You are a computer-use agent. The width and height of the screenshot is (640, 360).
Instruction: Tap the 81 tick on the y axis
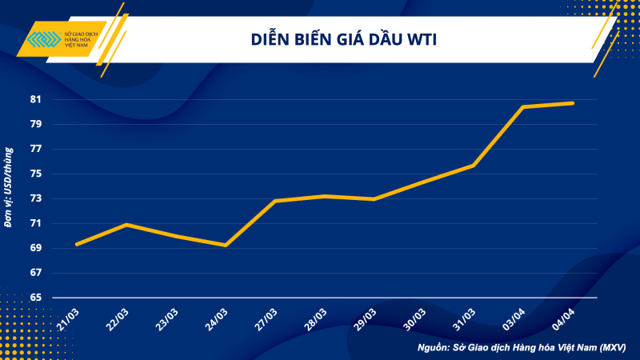click(35, 100)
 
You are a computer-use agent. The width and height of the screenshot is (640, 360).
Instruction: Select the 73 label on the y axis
click(35, 199)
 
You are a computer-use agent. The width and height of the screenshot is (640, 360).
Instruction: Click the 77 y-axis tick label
click(35, 150)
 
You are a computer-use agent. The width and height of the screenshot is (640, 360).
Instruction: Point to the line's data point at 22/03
click(126, 225)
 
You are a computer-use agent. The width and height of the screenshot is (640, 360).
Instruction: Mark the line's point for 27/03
click(274, 201)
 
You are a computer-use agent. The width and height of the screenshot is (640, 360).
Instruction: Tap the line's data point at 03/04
click(522, 106)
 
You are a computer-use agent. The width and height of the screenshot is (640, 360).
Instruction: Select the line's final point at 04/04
click(572, 103)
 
